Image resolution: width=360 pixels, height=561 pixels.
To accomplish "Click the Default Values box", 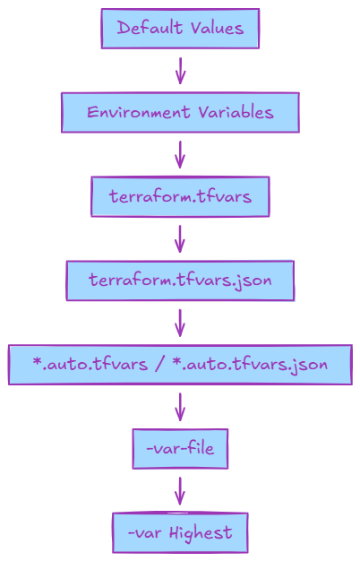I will click(180, 29).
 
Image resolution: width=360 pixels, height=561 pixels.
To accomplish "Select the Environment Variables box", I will click(180, 113).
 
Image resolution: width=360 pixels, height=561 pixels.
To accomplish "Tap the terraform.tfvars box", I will click(180, 196).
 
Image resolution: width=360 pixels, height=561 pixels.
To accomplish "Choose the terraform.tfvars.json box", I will click(180, 280).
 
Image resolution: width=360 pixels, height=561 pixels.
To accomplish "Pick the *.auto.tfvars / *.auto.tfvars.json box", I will click(180, 365).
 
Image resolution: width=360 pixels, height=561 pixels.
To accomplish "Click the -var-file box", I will click(180, 448).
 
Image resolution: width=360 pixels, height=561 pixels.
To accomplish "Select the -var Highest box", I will click(180, 532).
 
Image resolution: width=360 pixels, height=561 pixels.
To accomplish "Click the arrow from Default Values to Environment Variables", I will click(180, 71).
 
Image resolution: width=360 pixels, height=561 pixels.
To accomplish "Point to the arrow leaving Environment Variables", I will click(180, 154).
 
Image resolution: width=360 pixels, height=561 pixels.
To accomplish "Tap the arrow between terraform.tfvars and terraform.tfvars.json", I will click(180, 238).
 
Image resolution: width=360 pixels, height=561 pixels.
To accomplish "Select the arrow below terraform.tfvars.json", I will click(180, 323).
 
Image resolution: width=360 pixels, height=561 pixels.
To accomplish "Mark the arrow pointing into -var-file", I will click(180, 407).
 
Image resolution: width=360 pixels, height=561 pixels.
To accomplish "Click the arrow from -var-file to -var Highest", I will click(180, 490).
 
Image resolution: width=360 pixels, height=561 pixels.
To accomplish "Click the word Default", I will click(148, 29).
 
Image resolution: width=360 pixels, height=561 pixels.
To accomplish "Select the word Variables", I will click(235, 113).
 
